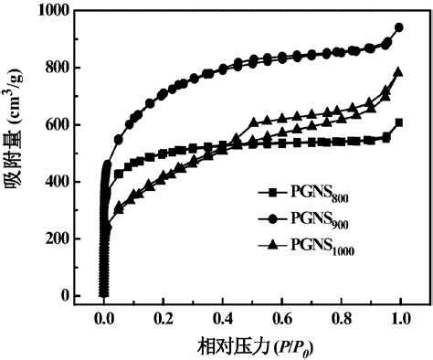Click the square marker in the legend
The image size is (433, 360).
tap(271, 193)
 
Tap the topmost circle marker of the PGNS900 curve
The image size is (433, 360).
tap(398, 27)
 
